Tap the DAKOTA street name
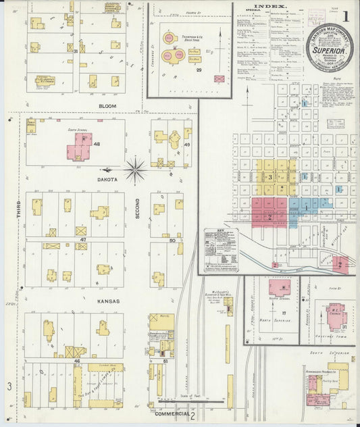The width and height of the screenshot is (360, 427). click(107, 179)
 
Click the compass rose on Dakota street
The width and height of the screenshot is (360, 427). click(135, 170)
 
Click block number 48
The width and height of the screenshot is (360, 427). click(97, 145)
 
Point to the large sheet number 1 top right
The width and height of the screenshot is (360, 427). click(346, 15)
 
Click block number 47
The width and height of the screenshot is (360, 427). click(82, 240)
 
